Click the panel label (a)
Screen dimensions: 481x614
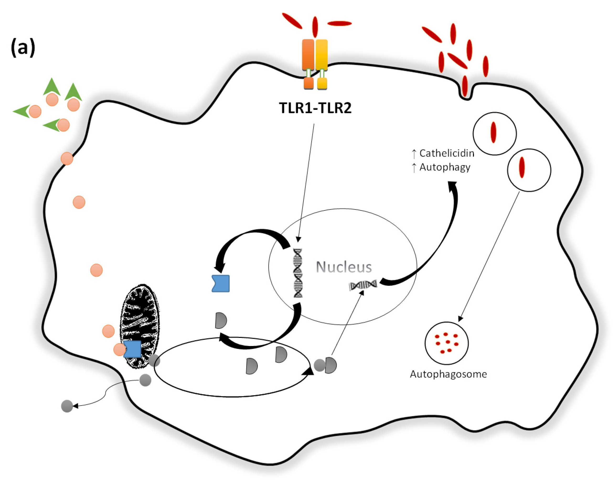coord(23,48)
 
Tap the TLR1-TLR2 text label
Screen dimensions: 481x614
coord(315,108)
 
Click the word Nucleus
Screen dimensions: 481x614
coord(344,267)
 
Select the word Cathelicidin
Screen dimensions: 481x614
coord(447,153)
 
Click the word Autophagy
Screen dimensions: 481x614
coord(445,167)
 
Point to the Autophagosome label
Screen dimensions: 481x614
coord(448,374)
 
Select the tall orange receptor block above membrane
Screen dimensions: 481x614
coord(308,55)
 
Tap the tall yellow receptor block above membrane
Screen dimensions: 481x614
coord(322,55)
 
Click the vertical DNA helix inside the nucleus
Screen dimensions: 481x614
coord(298,273)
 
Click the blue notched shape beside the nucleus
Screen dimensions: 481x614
coord(221,283)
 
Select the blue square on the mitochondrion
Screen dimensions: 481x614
coord(132,349)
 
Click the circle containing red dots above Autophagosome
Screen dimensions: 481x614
coord(446,343)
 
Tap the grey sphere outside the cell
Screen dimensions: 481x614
coord(67,406)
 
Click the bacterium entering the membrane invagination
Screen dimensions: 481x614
coord(465,86)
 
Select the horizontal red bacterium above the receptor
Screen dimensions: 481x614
coord(339,23)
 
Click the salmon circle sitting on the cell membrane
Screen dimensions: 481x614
coord(67,159)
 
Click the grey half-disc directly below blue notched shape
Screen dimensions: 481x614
coord(221,321)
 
